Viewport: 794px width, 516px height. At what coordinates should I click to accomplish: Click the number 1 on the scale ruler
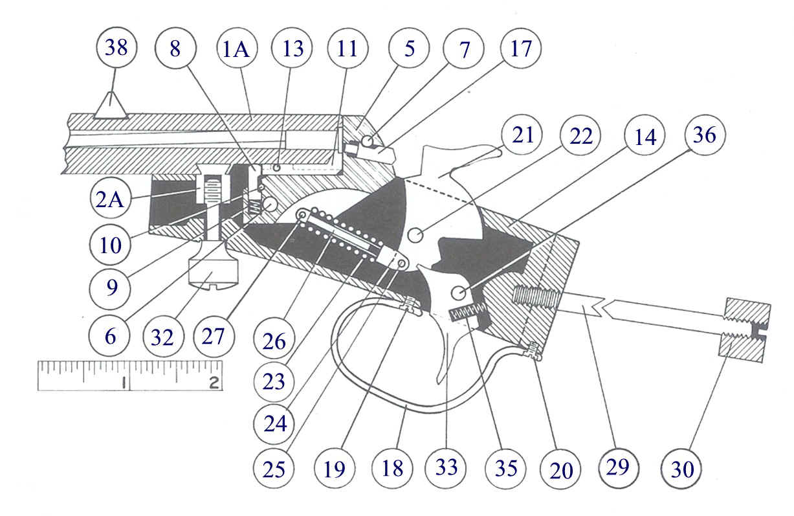(x=122, y=383)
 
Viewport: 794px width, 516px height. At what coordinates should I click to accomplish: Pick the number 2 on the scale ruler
(x=214, y=383)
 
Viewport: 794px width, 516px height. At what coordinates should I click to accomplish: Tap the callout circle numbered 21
(x=524, y=136)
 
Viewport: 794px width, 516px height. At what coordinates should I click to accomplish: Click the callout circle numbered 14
(x=645, y=136)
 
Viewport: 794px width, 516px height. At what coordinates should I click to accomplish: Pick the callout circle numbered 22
(x=584, y=136)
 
